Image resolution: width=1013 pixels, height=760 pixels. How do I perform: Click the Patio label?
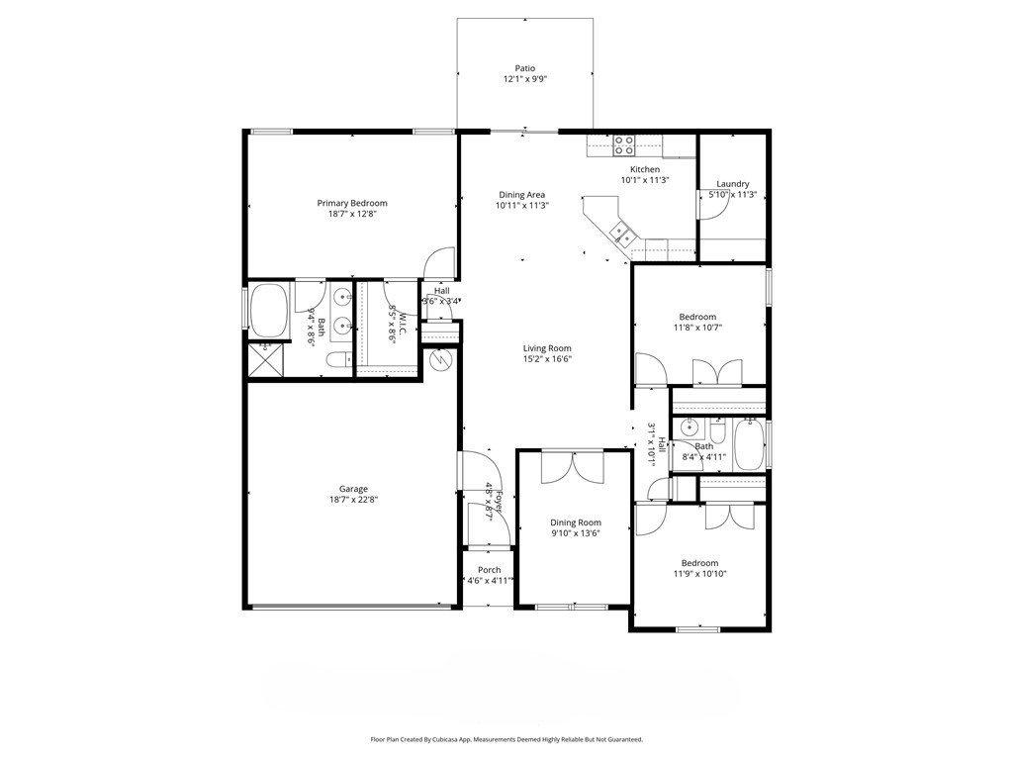click(524, 68)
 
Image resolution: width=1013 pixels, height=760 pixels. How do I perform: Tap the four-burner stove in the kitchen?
click(624, 145)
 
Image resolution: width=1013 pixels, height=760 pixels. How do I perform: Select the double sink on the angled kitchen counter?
click(621, 234)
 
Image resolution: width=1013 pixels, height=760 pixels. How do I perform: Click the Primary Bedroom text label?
click(352, 203)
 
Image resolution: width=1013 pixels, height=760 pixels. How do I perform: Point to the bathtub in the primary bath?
click(267, 311)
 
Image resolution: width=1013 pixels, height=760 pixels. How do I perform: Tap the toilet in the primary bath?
click(337, 360)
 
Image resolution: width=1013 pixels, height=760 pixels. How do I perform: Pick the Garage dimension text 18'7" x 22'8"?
click(353, 500)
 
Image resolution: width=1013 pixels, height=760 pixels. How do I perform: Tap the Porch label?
click(489, 570)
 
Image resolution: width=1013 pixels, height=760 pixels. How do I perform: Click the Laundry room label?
click(733, 184)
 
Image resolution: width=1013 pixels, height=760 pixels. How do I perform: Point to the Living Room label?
click(547, 348)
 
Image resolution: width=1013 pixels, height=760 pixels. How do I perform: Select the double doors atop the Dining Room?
click(575, 465)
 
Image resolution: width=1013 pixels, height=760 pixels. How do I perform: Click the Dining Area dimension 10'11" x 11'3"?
click(522, 205)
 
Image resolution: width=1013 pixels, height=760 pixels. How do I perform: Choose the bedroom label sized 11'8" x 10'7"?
click(697, 317)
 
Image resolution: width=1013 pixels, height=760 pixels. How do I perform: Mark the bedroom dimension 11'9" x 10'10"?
click(699, 573)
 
